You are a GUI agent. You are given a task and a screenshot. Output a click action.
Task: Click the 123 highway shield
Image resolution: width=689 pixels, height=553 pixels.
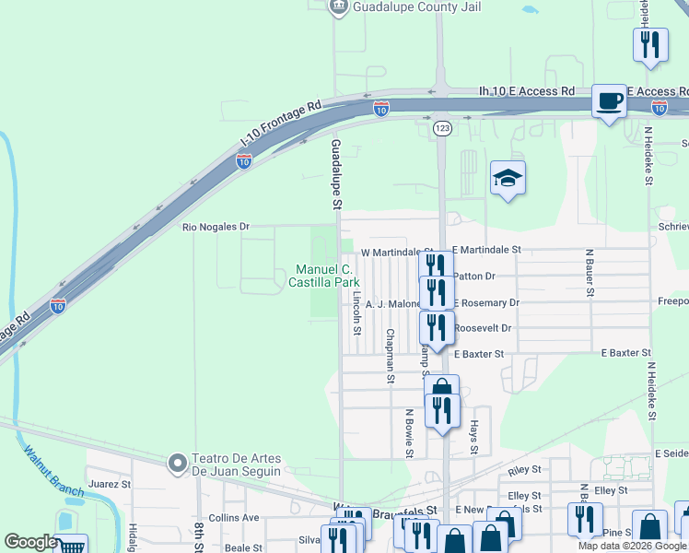[442, 130]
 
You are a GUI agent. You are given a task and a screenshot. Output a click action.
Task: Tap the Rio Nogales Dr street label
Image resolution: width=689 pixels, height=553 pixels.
[216, 226]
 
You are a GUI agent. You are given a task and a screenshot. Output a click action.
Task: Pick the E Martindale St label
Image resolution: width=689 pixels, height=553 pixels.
[487, 250]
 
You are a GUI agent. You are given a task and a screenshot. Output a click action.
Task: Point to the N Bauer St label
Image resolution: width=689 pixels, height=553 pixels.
[588, 272]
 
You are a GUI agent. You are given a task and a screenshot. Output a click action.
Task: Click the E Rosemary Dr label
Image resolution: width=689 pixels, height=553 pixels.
[485, 302]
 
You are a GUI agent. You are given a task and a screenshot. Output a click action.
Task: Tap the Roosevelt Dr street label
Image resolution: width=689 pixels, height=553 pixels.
[483, 327]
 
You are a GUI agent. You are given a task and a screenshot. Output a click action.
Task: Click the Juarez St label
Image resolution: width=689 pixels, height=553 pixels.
[110, 483]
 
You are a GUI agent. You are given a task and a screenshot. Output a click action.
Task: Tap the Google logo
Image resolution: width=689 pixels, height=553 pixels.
[30, 542]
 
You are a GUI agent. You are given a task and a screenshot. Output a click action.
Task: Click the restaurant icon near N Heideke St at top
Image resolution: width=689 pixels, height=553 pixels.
[651, 44]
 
